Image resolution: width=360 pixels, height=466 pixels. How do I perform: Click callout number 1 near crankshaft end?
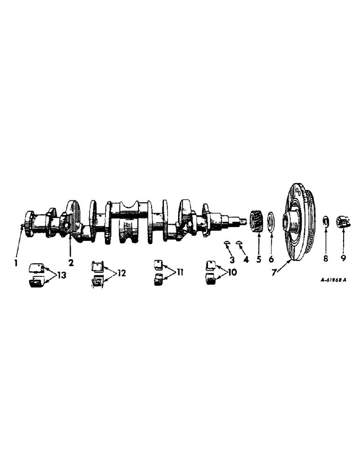point(15,263)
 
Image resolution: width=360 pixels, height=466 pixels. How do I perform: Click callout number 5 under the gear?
point(258,258)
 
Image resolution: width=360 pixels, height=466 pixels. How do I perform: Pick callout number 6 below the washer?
point(272,258)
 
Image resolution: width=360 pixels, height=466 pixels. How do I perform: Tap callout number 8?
point(326,258)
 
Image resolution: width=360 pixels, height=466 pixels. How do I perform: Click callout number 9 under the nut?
point(343,258)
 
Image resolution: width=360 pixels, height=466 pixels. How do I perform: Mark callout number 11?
point(178,271)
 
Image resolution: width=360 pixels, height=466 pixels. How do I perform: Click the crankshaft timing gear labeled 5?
point(257,219)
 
